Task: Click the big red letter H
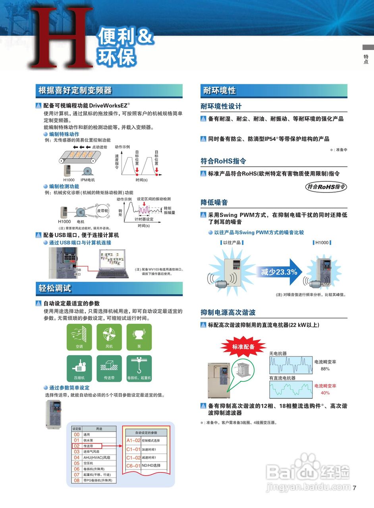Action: pyautogui.click(x=60, y=38)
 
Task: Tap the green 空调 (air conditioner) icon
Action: pyautogui.click(x=79, y=337)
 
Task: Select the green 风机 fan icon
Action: pyautogui.click(x=109, y=337)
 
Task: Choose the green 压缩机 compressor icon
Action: pyautogui.click(x=79, y=368)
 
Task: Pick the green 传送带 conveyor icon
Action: pyautogui.click(x=109, y=368)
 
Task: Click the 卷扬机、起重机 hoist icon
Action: pyautogui.click(x=139, y=368)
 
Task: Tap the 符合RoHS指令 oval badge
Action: pyautogui.click(x=326, y=187)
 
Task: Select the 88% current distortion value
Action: pyautogui.click(x=325, y=369)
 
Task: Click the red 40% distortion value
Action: pyautogui.click(x=325, y=393)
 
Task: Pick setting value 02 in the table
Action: pyautogui.click(x=77, y=446)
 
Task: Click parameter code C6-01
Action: pyautogui.click(x=133, y=466)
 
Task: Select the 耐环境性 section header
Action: pyautogui.click(x=220, y=90)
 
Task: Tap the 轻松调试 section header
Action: pyautogui.click(x=55, y=289)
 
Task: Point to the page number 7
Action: pyautogui.click(x=355, y=488)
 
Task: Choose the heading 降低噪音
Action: pyautogui.click(x=214, y=203)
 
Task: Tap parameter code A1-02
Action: pyautogui.click(x=133, y=441)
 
